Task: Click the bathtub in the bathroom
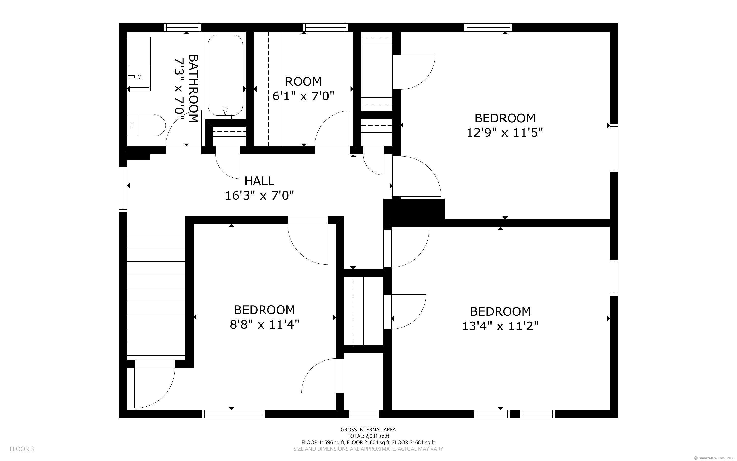coord(225,76)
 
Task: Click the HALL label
coord(259,181)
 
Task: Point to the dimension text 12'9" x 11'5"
coord(505,133)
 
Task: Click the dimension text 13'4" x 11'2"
coord(500,327)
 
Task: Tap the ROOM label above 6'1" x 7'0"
coord(303,81)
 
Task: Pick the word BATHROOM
coord(194,89)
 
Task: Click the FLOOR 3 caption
coord(22,449)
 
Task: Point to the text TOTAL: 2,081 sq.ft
coord(368,436)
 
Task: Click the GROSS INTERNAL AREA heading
coord(368,430)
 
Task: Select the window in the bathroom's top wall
coord(182,28)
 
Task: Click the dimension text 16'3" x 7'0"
coord(259,195)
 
